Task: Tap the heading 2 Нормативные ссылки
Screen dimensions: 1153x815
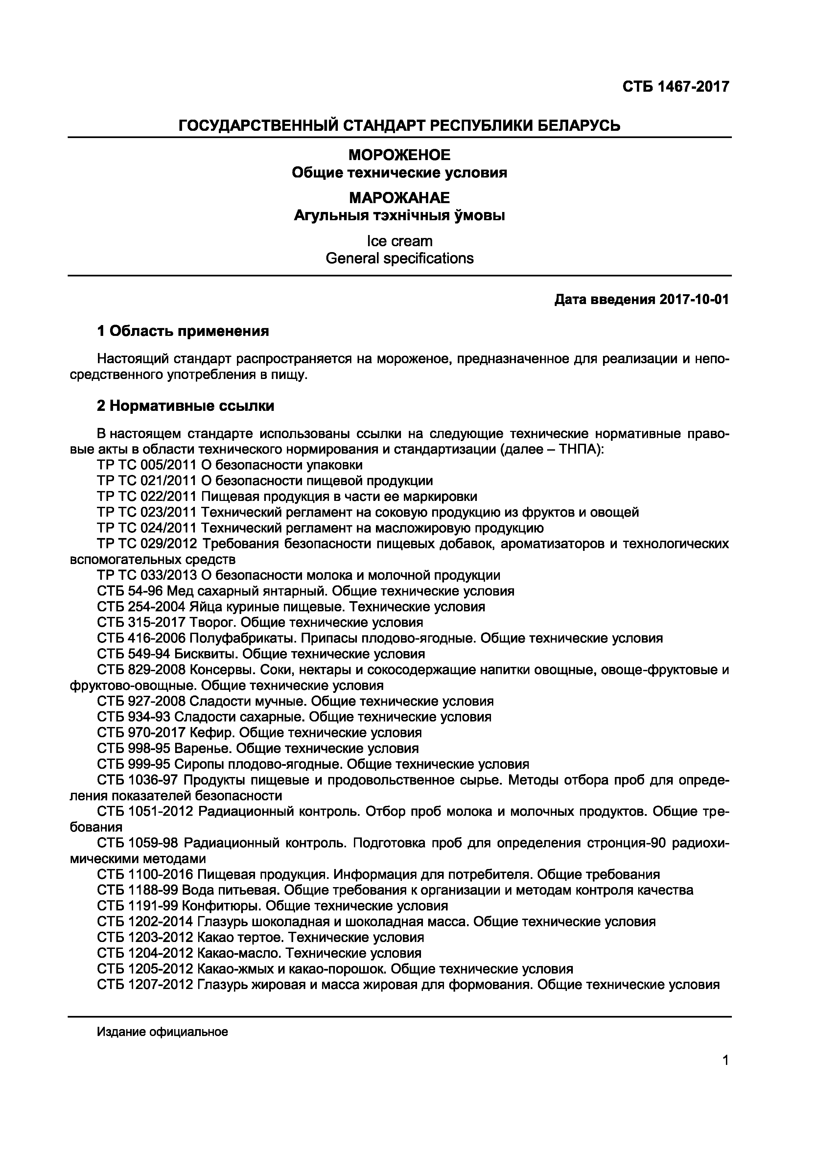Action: pyautogui.click(x=185, y=406)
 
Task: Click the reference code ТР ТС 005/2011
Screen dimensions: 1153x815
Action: pyautogui.click(x=147, y=465)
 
